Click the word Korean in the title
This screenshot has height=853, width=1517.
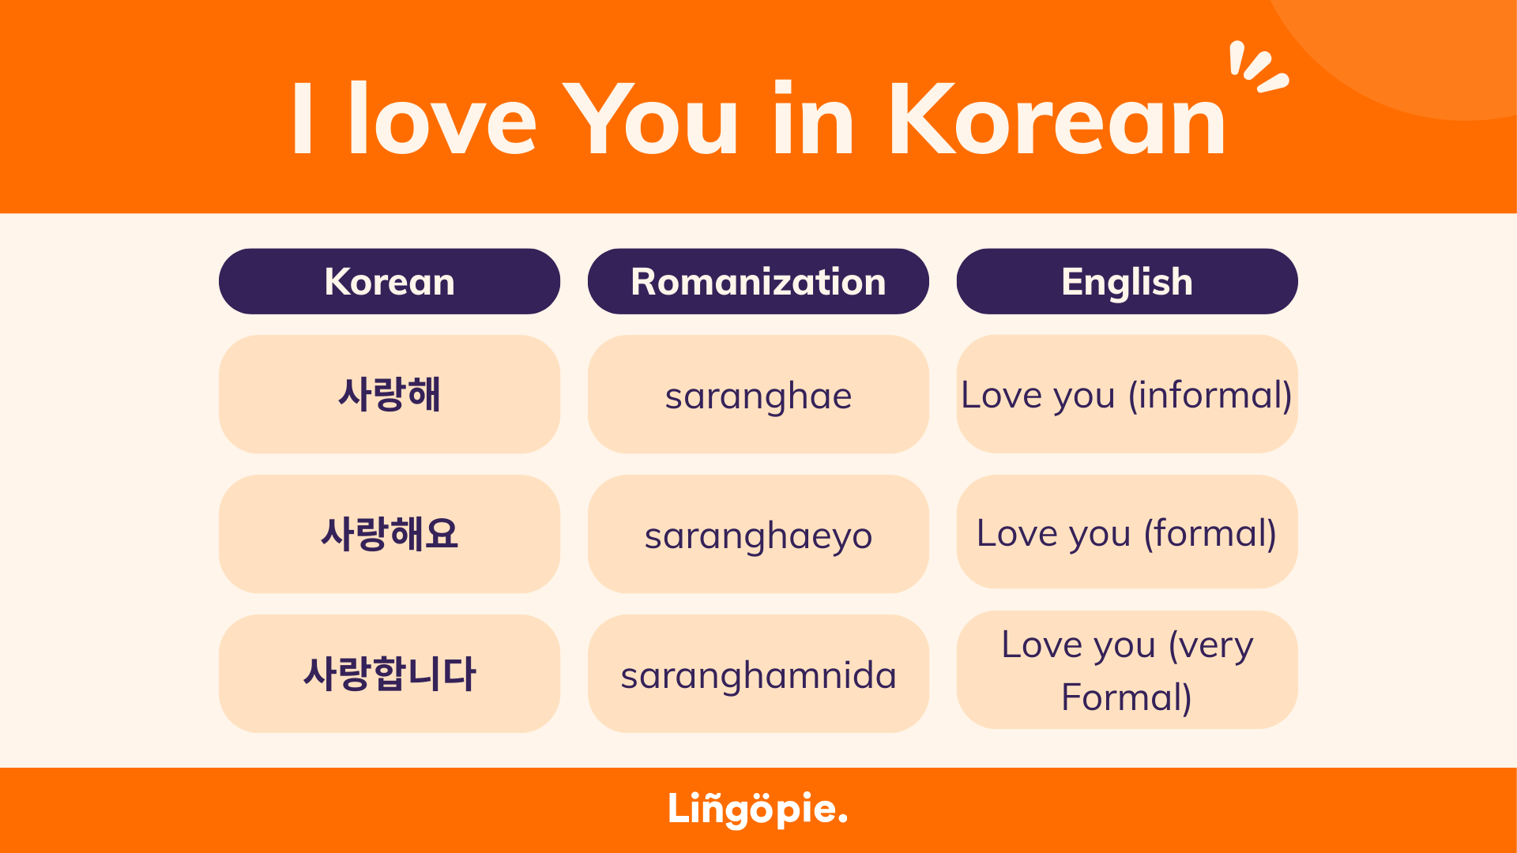(1057, 119)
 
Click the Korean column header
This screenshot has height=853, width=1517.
(390, 281)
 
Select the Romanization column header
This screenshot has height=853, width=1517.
(758, 281)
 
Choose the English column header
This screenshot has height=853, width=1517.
(1127, 281)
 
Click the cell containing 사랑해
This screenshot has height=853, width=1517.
(390, 394)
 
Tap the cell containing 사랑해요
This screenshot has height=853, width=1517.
(390, 534)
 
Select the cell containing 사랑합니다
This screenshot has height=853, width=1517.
(390, 674)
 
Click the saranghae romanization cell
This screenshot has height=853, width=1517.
(758, 394)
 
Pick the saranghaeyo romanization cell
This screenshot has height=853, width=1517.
(758, 534)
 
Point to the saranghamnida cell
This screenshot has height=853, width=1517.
(758, 674)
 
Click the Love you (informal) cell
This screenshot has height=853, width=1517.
(1127, 394)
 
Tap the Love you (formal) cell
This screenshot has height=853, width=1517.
(1127, 532)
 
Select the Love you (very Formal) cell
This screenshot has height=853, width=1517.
(1127, 670)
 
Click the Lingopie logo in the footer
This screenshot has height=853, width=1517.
(758, 809)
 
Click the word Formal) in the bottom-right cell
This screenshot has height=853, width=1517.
(1127, 697)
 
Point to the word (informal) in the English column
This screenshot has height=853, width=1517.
(1210, 395)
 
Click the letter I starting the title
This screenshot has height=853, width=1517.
(303, 118)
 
